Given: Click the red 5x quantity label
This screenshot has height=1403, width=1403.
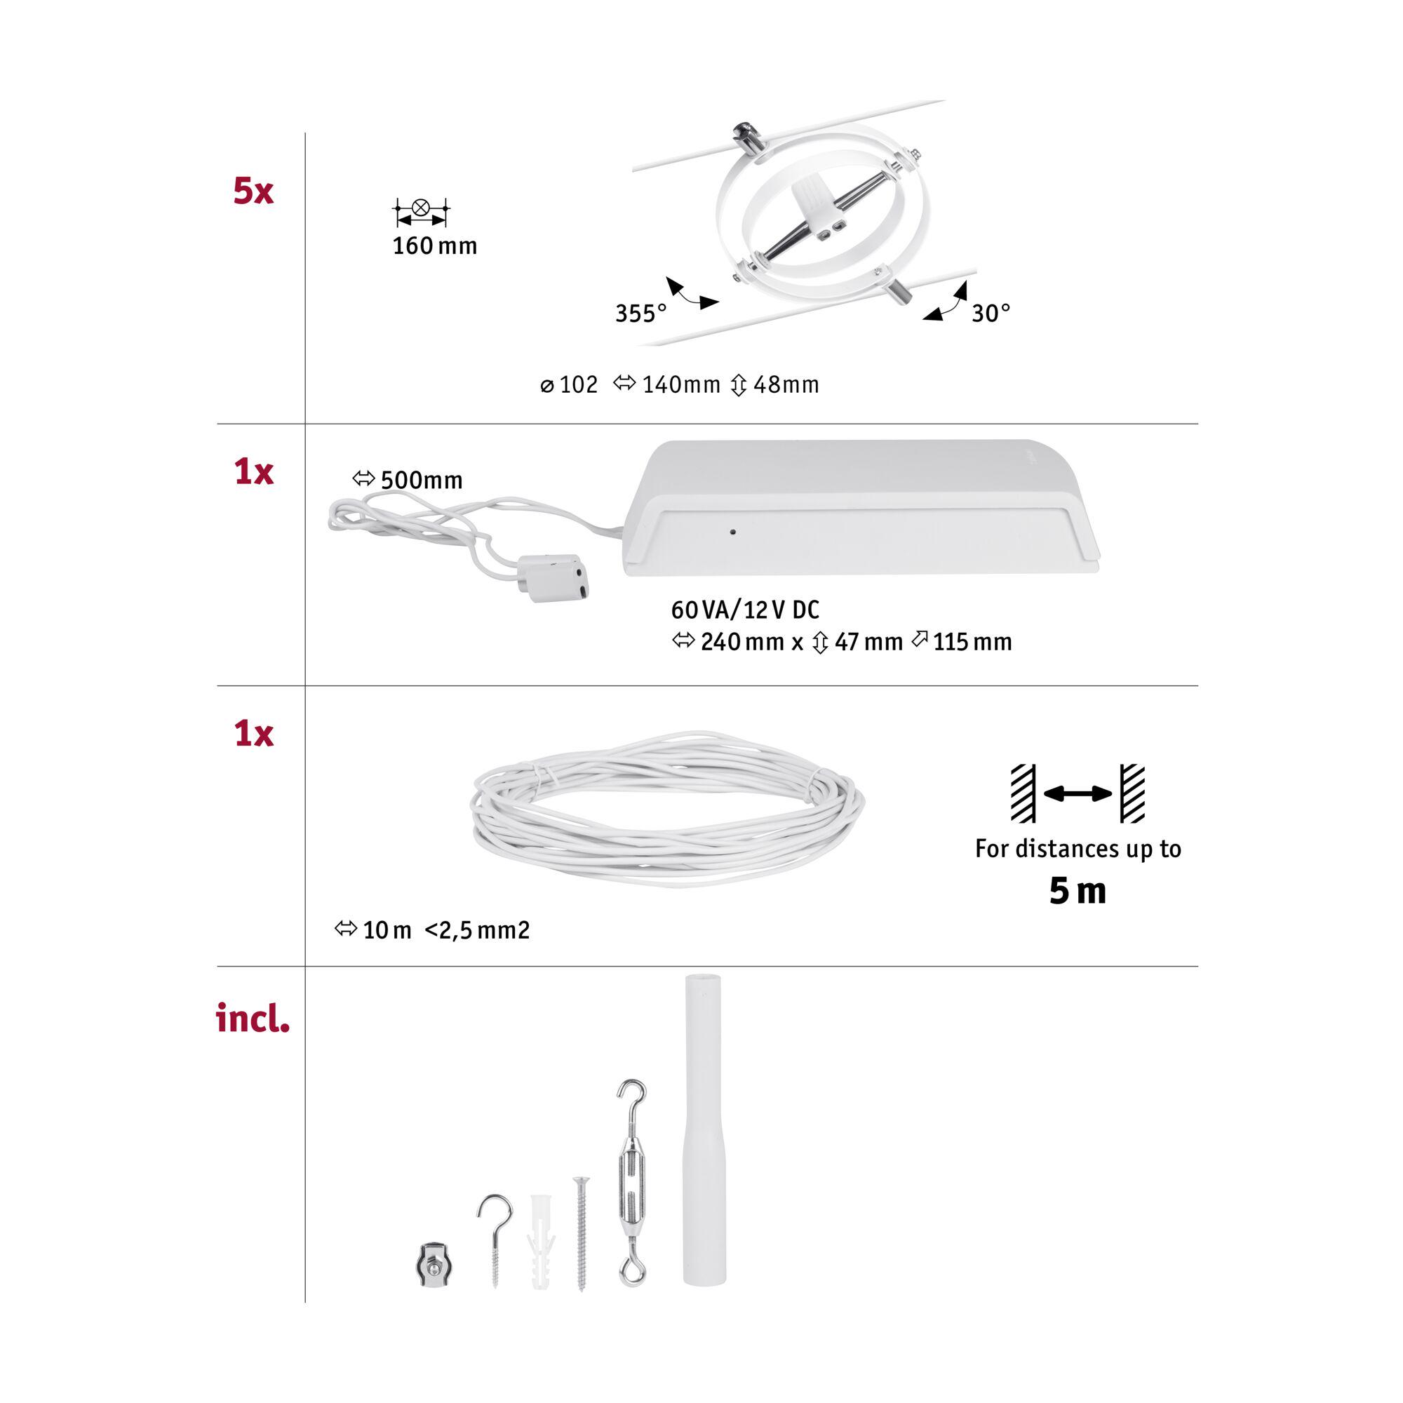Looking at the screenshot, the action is point(253,191).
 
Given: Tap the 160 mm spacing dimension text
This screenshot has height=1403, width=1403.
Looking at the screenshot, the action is point(435,246).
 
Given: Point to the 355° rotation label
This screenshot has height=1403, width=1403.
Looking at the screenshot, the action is point(640,313).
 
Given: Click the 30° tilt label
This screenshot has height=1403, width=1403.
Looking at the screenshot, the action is point(991,313).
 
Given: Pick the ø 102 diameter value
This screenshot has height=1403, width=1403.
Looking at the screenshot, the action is point(570,385).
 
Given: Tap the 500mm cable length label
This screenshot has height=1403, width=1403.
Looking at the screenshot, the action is point(408,480).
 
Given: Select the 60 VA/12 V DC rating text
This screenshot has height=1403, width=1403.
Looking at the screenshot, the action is point(745,610).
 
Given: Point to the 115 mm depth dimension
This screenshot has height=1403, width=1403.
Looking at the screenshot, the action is point(962,641).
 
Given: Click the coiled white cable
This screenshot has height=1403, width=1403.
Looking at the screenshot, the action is point(667,808).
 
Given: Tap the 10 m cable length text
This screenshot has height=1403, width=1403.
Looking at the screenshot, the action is point(373,930).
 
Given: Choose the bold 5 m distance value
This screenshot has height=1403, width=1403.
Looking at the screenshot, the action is point(1078,891).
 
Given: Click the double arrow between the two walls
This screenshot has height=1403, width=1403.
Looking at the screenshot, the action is point(1078,793).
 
